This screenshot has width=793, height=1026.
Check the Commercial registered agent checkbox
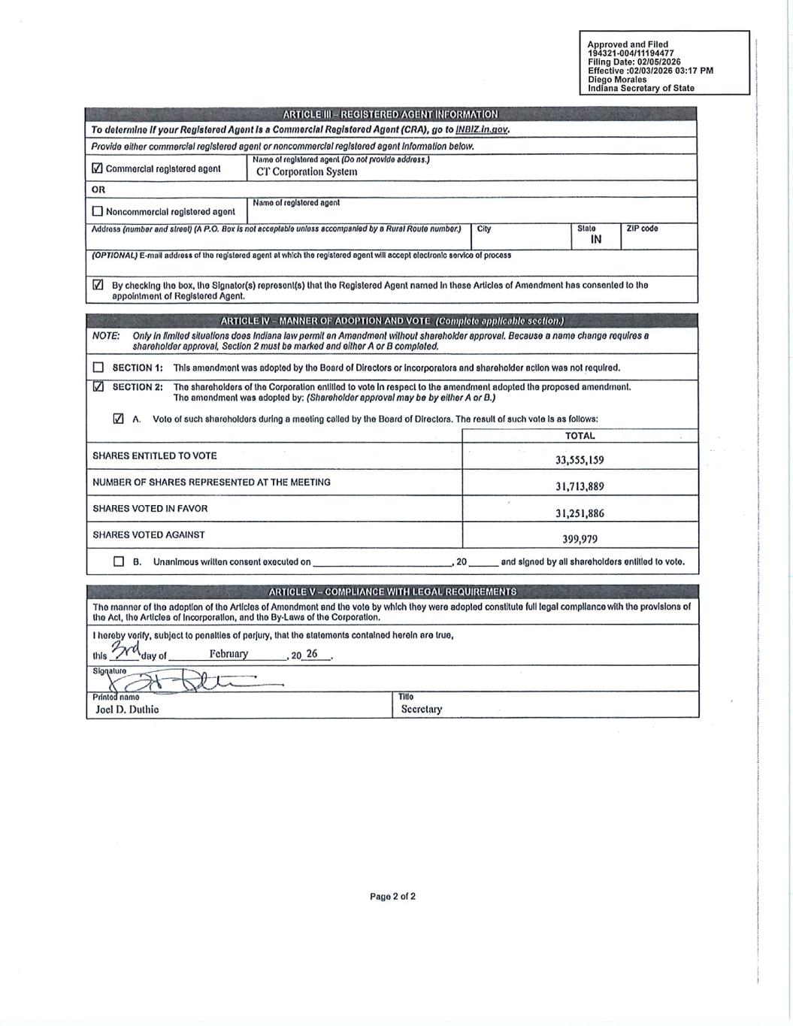tap(97, 168)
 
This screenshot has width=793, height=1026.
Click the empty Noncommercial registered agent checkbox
tap(97, 211)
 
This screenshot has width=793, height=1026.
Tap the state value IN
tap(596, 240)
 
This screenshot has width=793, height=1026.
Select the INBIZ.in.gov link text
tap(482, 129)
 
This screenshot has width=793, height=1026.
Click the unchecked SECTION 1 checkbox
tap(98, 368)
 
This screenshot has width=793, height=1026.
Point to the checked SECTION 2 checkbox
tap(98, 387)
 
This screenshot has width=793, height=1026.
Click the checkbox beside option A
tap(118, 419)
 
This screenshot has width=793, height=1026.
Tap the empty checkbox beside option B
tap(119, 561)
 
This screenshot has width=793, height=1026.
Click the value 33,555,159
tap(580, 460)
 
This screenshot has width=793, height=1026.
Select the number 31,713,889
tap(580, 486)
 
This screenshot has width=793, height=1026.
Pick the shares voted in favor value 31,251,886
tap(580, 513)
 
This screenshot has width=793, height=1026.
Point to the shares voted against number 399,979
tap(580, 539)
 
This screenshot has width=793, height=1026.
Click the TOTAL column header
tap(580, 436)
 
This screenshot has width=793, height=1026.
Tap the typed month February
tap(229, 654)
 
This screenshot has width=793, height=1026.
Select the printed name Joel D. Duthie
tap(127, 709)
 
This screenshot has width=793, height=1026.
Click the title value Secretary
tap(422, 709)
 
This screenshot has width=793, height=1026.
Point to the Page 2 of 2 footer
tap(392, 896)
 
